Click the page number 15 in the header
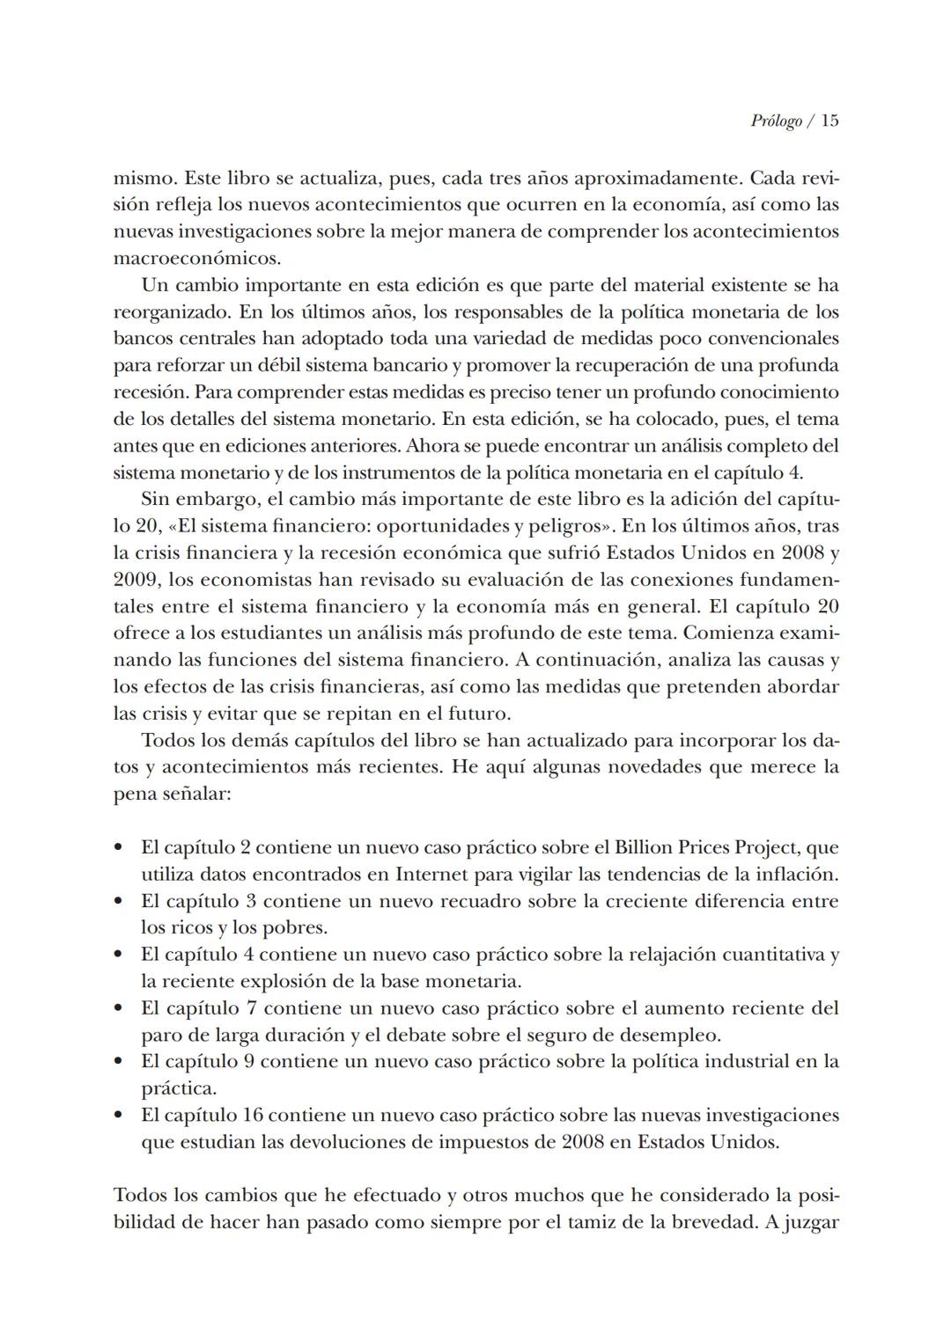829,121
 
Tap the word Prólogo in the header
776,121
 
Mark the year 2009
136,581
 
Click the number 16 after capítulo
251,1116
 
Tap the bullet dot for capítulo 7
118,1008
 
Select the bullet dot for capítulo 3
118,902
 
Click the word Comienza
728,633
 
